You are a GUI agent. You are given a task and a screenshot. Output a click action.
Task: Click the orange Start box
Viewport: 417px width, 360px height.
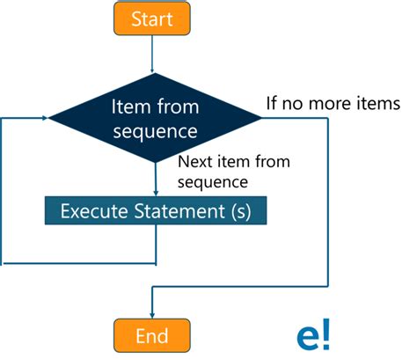(153, 18)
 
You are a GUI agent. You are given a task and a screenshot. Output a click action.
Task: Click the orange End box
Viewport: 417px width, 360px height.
(152, 335)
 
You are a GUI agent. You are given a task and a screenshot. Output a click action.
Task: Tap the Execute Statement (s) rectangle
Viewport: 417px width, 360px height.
(155, 211)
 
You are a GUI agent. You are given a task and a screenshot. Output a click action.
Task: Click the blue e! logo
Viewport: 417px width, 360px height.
(314, 335)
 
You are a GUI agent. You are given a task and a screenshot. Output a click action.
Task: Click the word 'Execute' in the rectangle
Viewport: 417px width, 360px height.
(89, 211)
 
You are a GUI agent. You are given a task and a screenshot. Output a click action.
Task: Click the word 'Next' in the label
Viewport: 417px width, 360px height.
(194, 162)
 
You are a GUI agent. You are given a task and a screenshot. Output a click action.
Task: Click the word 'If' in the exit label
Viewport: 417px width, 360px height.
(273, 104)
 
